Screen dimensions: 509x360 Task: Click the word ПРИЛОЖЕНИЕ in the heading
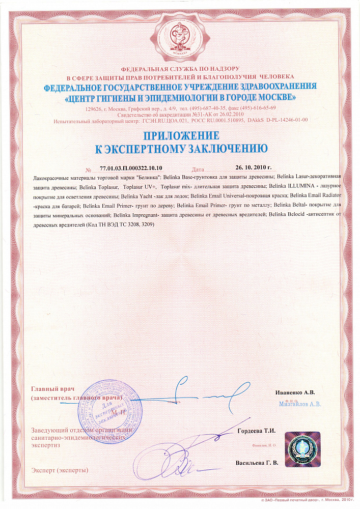(181, 136)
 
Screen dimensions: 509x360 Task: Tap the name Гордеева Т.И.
(257, 431)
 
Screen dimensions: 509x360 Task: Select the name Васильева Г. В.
(257, 463)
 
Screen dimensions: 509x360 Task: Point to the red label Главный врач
(52, 388)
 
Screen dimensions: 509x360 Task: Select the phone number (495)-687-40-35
(209, 108)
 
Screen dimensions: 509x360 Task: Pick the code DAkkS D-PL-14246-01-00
(278, 121)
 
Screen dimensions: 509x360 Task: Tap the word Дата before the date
(199, 168)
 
